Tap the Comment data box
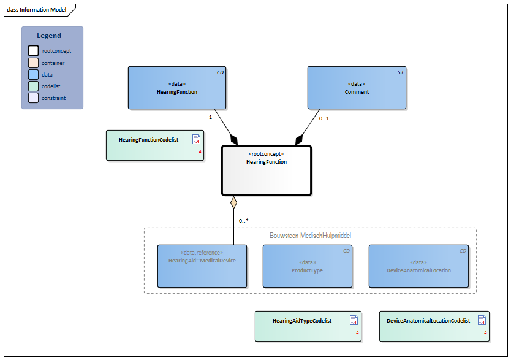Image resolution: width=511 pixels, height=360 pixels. click(357, 88)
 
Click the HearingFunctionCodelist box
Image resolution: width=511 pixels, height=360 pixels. click(154, 145)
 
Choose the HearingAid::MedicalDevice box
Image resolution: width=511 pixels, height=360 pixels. click(202, 266)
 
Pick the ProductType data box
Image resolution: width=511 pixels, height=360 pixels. click(307, 266)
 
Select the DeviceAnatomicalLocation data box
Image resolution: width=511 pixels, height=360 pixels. click(418, 266)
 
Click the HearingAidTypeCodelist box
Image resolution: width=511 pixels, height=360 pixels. click(308, 326)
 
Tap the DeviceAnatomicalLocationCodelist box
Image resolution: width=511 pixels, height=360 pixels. click(434, 326)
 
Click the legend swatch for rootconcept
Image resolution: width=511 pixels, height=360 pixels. click(33, 51)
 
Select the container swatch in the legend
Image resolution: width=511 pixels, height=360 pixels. click(33, 63)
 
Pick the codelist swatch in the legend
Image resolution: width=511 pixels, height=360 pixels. click(33, 86)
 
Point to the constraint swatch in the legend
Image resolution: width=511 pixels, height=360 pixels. click(33, 98)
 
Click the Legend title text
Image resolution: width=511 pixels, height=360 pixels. click(49, 36)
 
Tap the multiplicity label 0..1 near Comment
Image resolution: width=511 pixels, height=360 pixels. click(324, 118)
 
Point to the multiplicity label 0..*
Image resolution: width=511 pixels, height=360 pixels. click(243, 220)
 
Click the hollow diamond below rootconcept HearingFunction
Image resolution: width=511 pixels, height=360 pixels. click(233, 202)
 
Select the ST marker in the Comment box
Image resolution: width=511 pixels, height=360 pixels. click(400, 72)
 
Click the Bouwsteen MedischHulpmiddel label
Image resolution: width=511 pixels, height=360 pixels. click(310, 236)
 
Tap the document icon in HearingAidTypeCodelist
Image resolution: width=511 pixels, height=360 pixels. click(354, 320)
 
